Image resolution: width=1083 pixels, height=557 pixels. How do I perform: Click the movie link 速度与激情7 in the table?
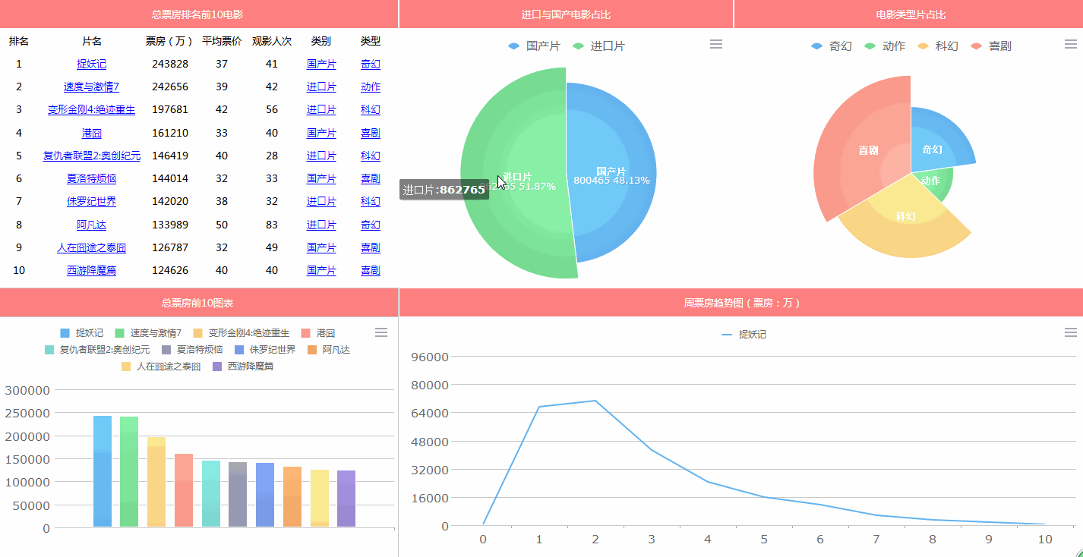click(91, 87)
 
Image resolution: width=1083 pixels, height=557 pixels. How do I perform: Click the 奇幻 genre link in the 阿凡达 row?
click(370, 225)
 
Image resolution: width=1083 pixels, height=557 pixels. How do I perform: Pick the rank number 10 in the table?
click(19, 270)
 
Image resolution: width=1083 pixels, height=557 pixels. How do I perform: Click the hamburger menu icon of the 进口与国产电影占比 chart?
click(715, 45)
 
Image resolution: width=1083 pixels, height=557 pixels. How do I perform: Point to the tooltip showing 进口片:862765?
click(444, 190)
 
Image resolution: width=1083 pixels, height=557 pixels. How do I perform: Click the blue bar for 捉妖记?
click(103, 470)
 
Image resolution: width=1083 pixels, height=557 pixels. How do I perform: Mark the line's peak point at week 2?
click(595, 401)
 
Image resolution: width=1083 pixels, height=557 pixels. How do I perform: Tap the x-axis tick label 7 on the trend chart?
click(876, 540)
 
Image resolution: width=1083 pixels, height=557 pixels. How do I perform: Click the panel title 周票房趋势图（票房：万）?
click(741, 303)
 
